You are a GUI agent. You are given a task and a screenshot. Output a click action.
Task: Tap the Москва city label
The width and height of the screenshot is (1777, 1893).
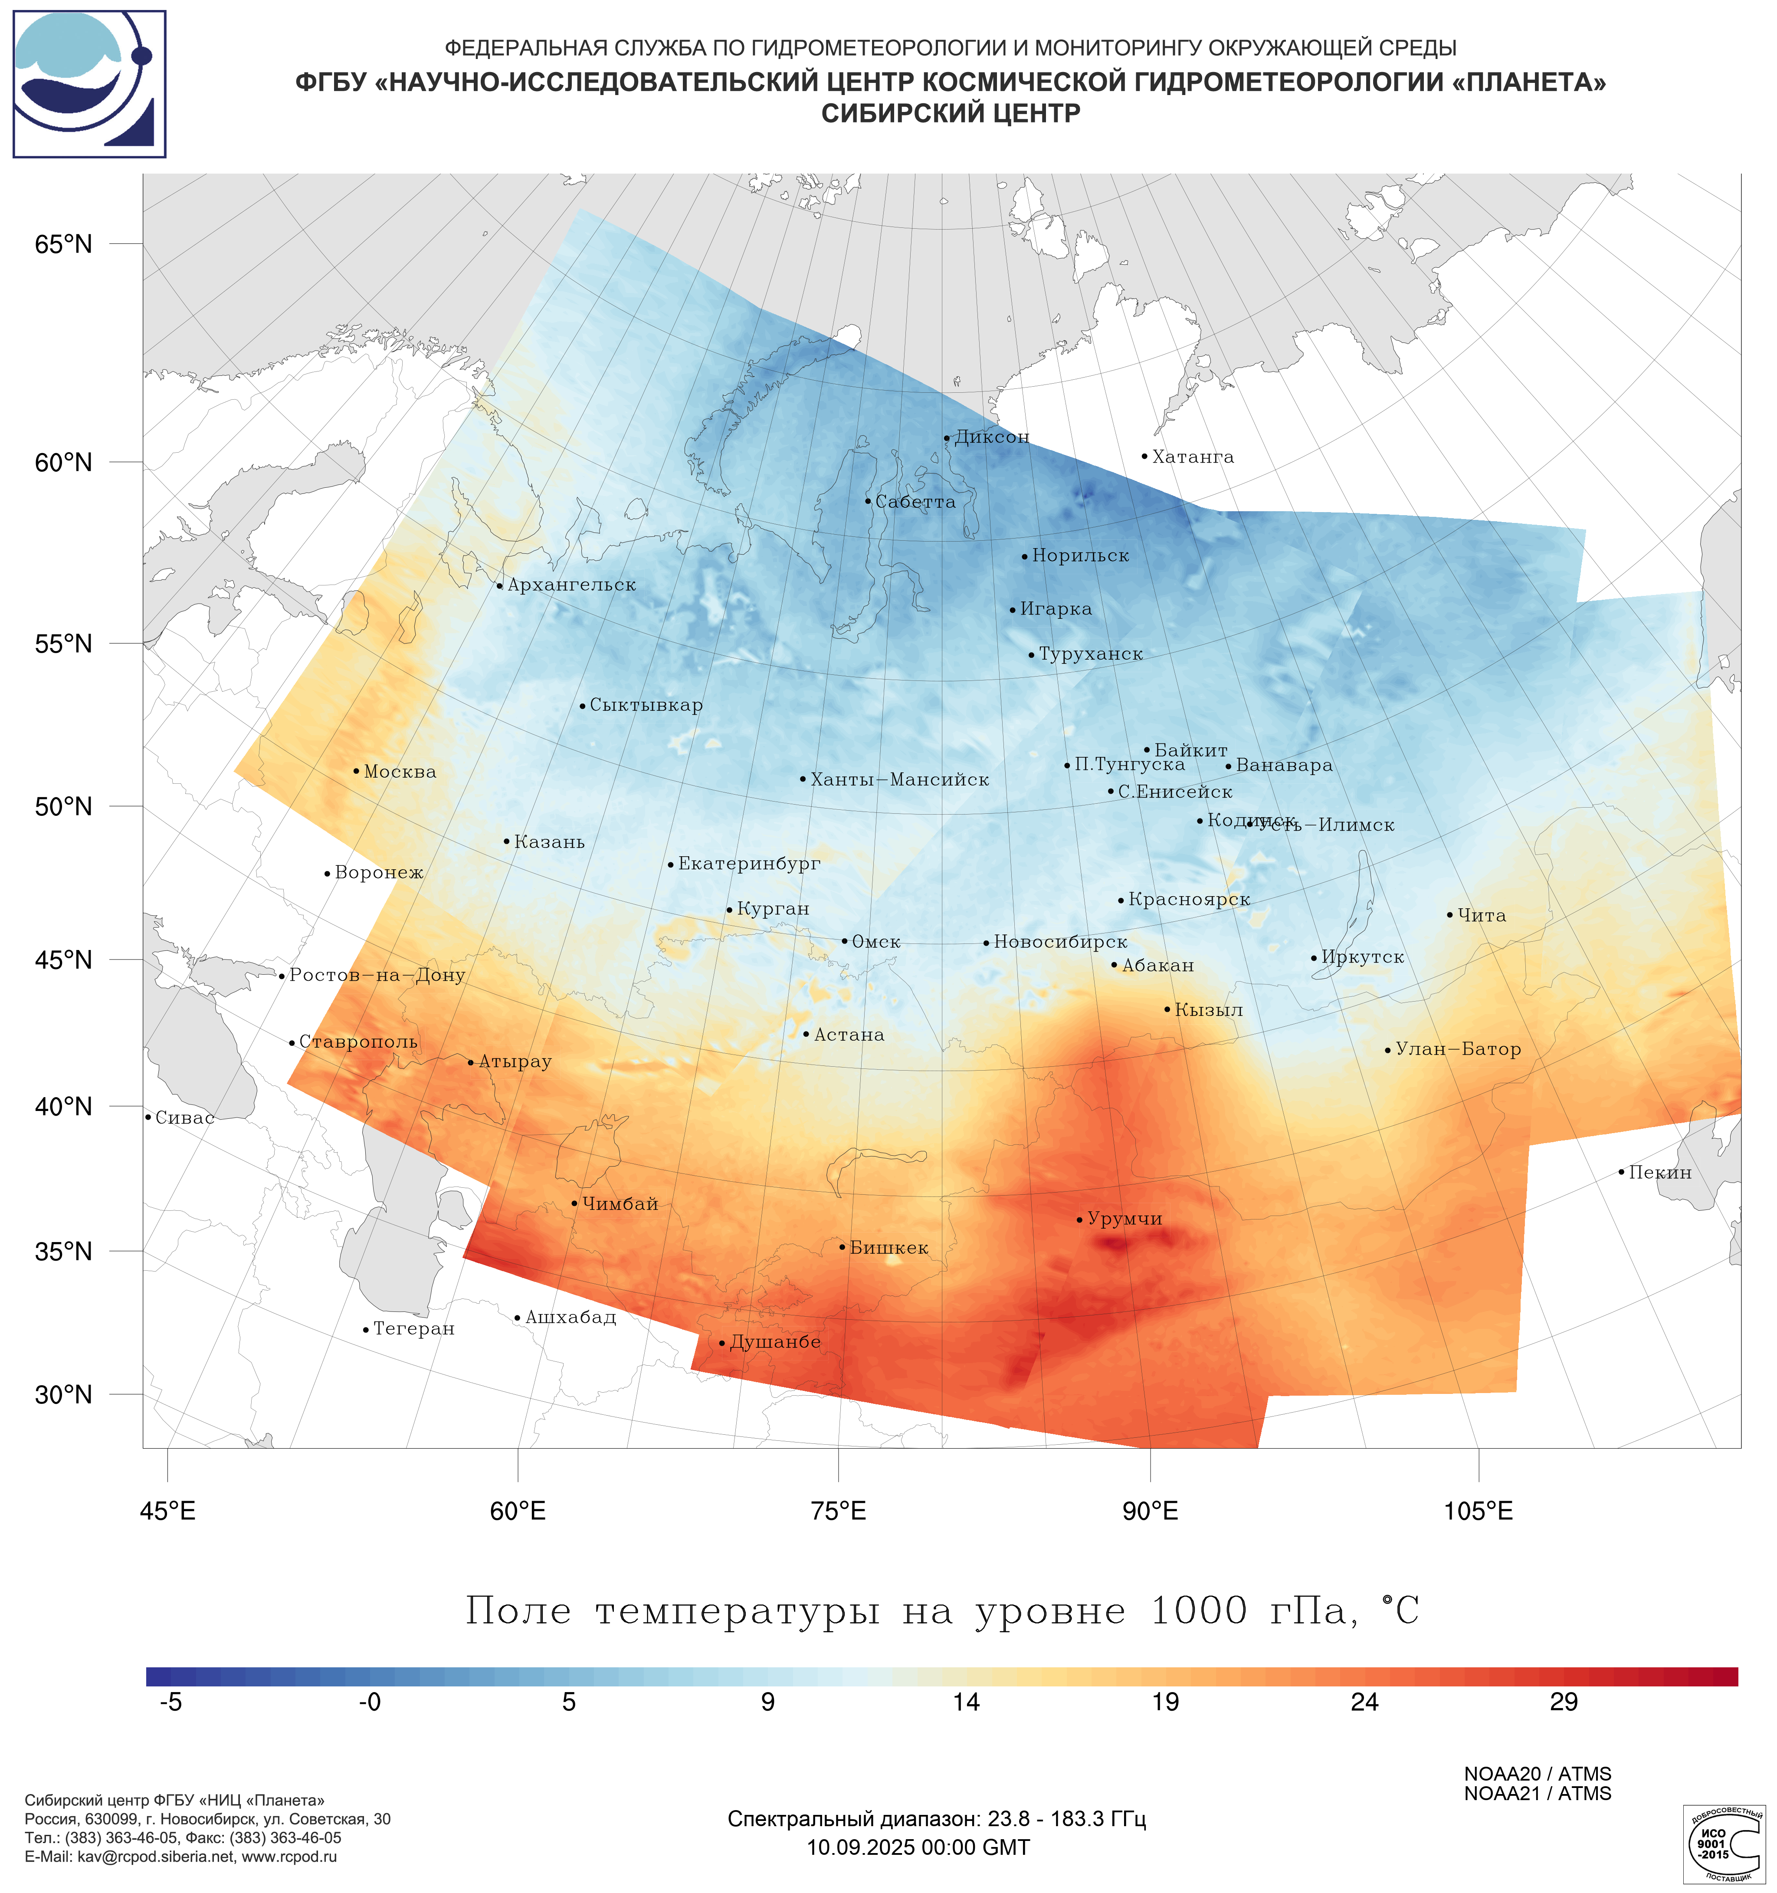coord(400,772)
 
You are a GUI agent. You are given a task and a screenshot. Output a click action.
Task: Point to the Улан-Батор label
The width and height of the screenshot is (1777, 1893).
coord(1458,1049)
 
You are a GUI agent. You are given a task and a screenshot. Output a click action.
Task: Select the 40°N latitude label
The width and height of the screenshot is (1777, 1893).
coord(64,1107)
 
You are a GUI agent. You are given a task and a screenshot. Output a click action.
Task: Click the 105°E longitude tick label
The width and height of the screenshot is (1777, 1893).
coord(1478,1511)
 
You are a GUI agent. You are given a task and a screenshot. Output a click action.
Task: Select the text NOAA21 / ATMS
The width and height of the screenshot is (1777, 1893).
coord(1537,1794)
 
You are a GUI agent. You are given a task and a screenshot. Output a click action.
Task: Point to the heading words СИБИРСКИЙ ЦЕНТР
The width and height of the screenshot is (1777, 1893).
coord(951,114)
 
